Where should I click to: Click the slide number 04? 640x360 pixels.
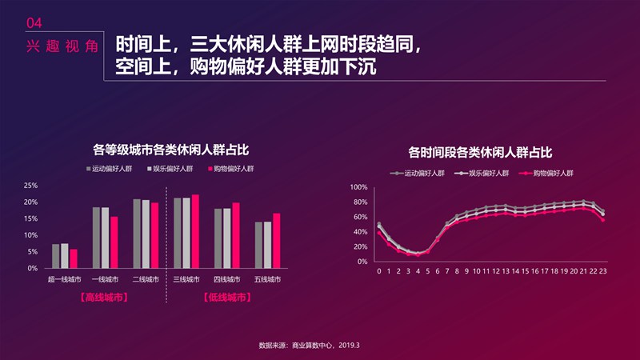[x=34, y=23]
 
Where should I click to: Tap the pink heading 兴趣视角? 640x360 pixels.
[x=62, y=46]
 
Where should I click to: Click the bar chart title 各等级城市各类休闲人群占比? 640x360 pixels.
[x=171, y=150]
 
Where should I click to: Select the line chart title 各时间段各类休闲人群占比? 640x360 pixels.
[x=480, y=153]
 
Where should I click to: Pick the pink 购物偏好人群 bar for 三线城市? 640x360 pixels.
[x=195, y=231]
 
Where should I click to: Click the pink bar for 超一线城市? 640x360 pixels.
[x=74, y=258]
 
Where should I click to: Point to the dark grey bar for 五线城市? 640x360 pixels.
[x=258, y=245]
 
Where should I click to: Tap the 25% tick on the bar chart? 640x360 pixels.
[x=30, y=186]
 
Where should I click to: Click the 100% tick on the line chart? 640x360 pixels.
[x=358, y=187]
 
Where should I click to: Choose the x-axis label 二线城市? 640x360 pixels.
[x=146, y=279]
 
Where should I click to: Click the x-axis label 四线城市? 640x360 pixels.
[x=227, y=279]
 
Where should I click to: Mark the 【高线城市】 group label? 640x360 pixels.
[x=105, y=297]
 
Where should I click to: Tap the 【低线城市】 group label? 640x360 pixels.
[x=227, y=297]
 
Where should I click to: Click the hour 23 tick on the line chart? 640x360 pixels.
[x=603, y=271]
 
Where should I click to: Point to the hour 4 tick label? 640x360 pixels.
[x=418, y=271]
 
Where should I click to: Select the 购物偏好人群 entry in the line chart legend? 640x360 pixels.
[x=546, y=173]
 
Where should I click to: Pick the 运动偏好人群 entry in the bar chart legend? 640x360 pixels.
[x=109, y=169]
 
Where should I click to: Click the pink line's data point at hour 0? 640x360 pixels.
[x=379, y=233]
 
